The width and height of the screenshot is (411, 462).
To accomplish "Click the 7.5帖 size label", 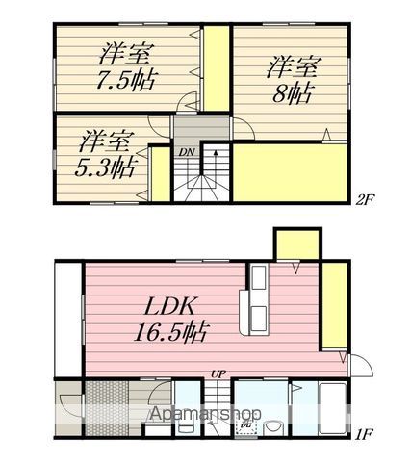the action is click(127, 80).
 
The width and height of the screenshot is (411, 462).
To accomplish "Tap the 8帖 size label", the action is click(292, 93).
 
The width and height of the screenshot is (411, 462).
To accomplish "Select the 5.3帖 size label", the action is click(105, 167).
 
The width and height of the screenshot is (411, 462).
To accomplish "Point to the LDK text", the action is click(169, 306).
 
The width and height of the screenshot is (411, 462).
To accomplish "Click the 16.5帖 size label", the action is click(171, 332).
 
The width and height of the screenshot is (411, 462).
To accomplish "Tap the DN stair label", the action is click(187, 152).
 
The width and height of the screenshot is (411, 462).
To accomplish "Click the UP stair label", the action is click(218, 373).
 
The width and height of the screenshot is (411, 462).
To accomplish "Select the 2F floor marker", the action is click(365, 200).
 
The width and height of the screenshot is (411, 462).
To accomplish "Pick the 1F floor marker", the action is click(364, 434).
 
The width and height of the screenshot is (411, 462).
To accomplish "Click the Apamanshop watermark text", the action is click(205, 414).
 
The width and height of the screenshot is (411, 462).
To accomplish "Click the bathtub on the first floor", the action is click(333, 408).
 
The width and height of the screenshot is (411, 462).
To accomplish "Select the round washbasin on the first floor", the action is click(272, 427).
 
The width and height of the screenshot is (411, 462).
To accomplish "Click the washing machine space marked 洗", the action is click(246, 425).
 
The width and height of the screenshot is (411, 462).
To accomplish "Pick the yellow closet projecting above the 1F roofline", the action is click(297, 244).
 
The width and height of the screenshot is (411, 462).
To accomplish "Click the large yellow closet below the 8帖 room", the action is click(290, 172).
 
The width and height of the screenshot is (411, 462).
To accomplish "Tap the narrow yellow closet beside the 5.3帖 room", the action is click(160, 174).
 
